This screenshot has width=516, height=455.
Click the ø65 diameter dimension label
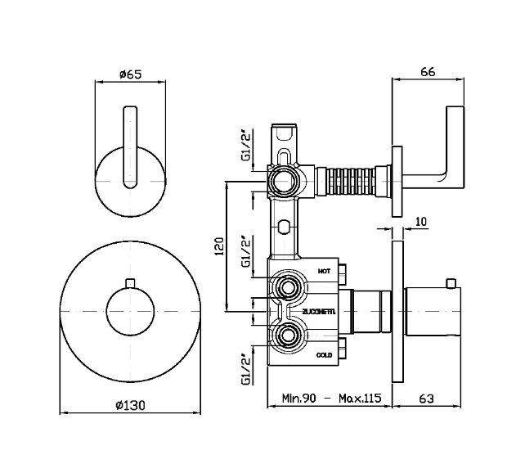tap(130, 74)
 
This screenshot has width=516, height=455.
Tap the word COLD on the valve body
tap(323, 356)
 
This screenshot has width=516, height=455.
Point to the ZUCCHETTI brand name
tap(318, 312)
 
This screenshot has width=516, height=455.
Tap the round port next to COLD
tap(287, 336)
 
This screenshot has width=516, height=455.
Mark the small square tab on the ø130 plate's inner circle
tap(129, 283)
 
